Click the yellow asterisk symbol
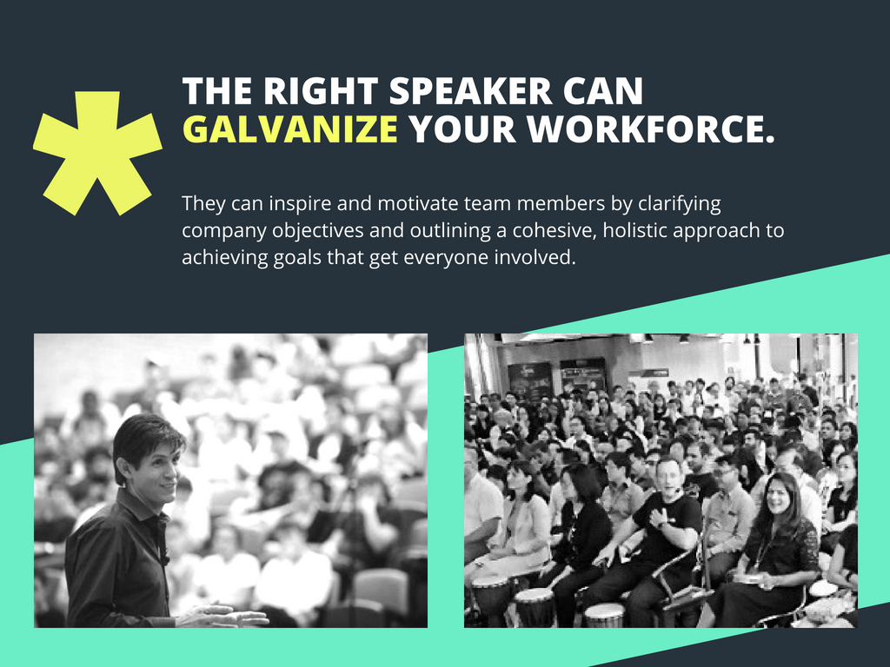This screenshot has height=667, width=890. click(97, 151)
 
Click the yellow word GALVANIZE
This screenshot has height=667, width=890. click(290, 129)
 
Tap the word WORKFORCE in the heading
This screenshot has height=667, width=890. click(650, 129)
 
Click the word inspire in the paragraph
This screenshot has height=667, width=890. click(289, 204)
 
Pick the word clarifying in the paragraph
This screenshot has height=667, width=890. click(680, 204)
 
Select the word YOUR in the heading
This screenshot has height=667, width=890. click(464, 129)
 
